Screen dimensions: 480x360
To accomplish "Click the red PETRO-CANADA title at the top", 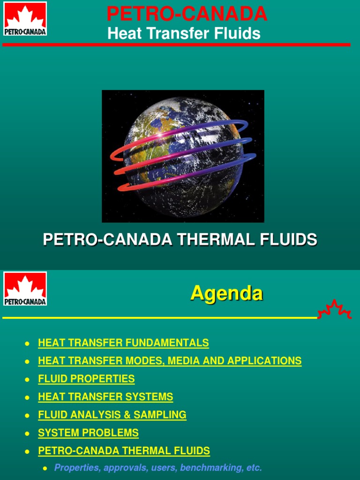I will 187,14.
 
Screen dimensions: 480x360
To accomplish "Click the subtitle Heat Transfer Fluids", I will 184,33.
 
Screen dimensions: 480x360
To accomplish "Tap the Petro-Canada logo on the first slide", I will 25,19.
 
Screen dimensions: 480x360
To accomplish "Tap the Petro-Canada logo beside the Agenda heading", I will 25,289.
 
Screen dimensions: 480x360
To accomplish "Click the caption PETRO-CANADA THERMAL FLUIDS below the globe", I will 180,240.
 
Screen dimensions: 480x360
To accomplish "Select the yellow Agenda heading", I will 226,293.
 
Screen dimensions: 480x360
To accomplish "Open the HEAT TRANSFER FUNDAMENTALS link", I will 123,343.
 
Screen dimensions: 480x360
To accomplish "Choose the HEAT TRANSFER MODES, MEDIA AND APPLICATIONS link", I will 170,361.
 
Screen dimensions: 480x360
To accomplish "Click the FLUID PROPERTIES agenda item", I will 86,379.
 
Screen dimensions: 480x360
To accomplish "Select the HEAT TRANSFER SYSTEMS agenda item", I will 105,397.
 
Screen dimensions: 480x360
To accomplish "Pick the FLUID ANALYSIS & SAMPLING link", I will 112,415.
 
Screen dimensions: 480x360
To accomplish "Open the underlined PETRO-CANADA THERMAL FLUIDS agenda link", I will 124,451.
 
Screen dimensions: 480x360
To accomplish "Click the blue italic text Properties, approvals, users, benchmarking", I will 158,467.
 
